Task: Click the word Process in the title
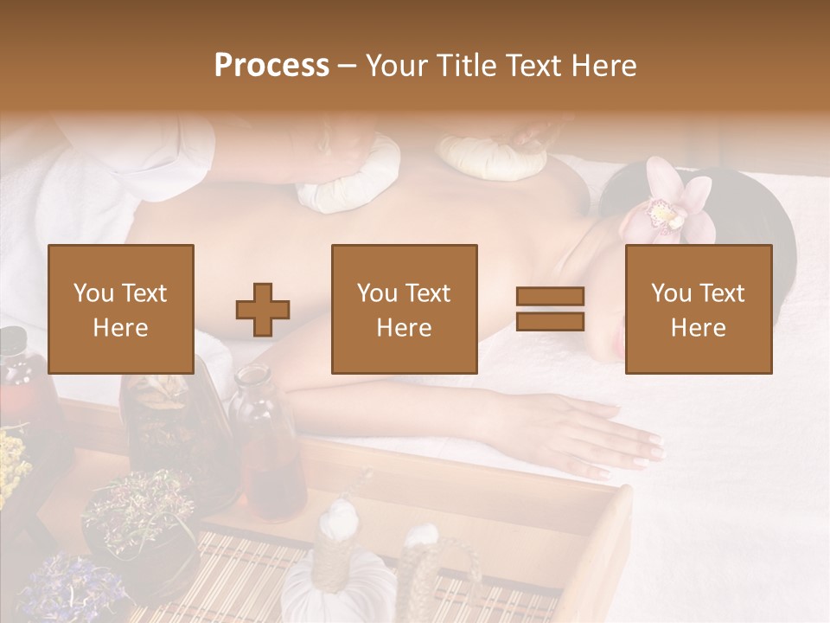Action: pyautogui.click(x=271, y=66)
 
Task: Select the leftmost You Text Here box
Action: pyautogui.click(x=121, y=309)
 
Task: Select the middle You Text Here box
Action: pyautogui.click(x=405, y=309)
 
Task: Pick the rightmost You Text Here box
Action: pyautogui.click(x=699, y=309)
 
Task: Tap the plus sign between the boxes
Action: pyautogui.click(x=263, y=310)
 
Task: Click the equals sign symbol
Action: pyautogui.click(x=550, y=309)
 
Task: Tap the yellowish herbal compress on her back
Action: pyautogui.click(x=492, y=157)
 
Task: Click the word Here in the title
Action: pyautogui.click(x=603, y=66)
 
